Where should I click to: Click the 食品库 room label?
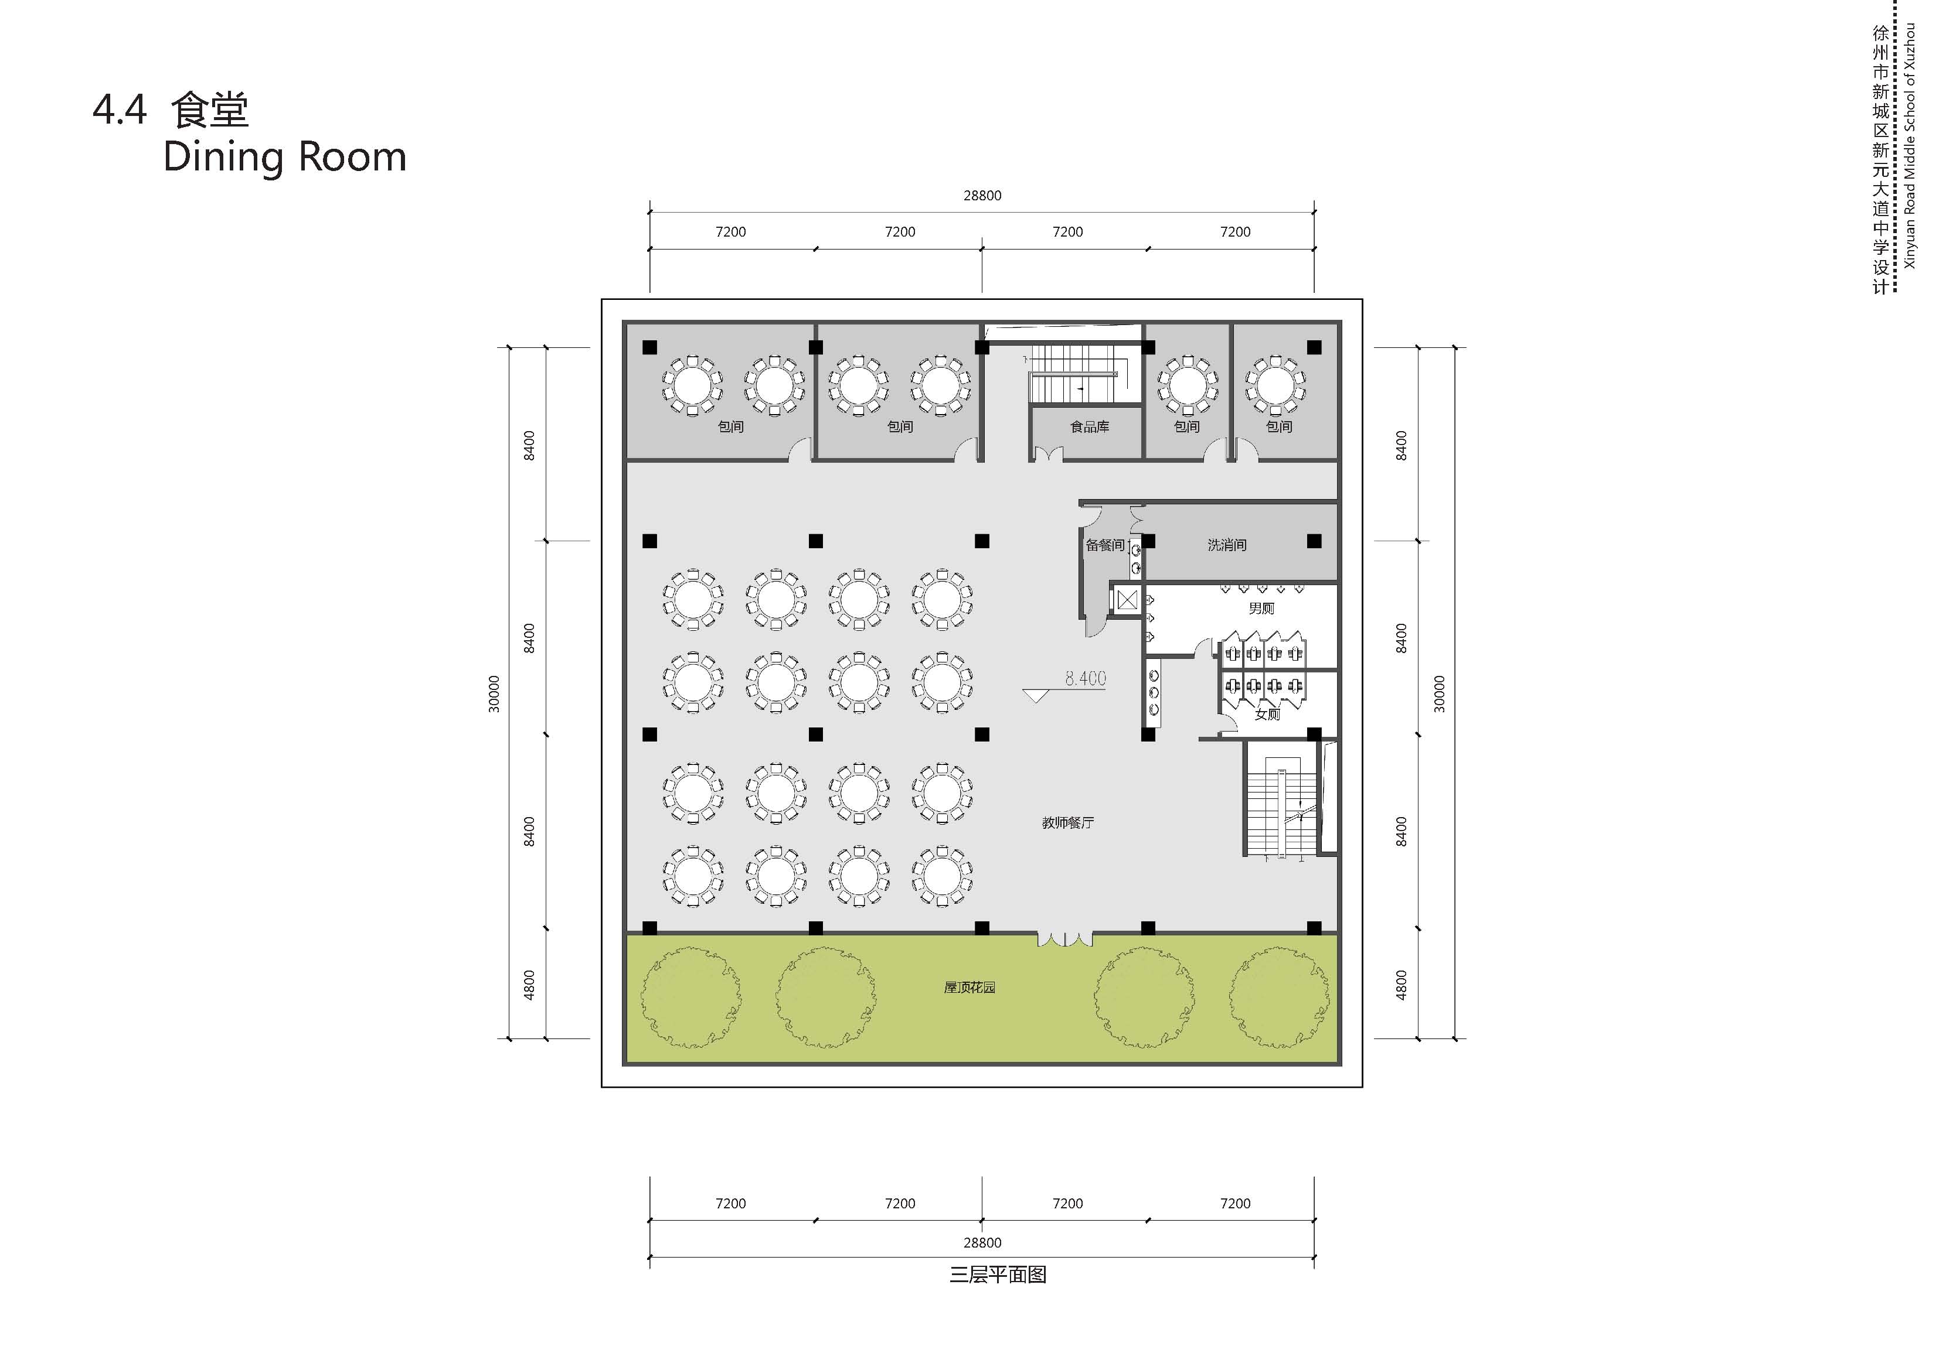click(x=1090, y=427)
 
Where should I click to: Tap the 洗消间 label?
click(x=1226, y=545)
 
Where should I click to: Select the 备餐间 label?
click(x=1105, y=545)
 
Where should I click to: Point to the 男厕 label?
click(x=1261, y=609)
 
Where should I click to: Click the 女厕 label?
click(x=1267, y=714)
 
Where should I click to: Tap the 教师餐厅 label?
click(x=1067, y=822)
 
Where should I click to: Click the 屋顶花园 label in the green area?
click(x=969, y=987)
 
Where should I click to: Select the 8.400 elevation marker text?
click(x=1085, y=678)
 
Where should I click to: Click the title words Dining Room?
click(x=285, y=158)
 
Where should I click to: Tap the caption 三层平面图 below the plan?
click(x=998, y=1275)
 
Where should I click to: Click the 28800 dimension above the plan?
click(x=982, y=196)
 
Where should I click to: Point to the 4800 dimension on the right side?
click(x=1401, y=985)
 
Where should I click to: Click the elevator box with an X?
click(x=1127, y=601)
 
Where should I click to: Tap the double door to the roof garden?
click(x=1065, y=938)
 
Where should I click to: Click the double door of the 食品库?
click(x=1048, y=455)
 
